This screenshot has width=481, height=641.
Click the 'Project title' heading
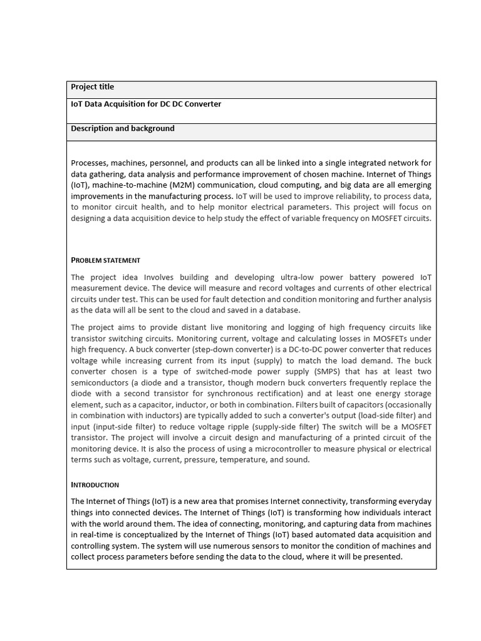tap(92, 87)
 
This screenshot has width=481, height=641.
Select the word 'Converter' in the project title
tap(202, 104)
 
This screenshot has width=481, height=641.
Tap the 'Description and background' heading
tap(122, 128)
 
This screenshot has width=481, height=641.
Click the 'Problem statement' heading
tap(105, 260)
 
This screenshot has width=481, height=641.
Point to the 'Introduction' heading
tap(95, 485)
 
